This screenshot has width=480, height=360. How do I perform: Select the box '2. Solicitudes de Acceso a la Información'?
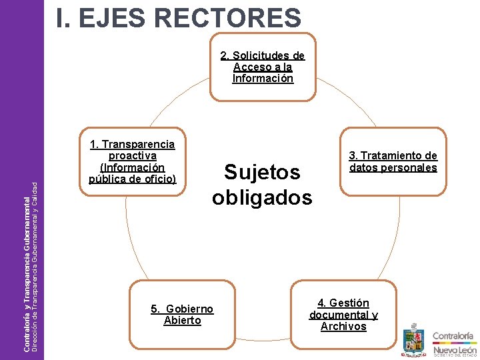(x=263, y=67)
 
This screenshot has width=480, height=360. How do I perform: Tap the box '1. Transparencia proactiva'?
(x=132, y=161)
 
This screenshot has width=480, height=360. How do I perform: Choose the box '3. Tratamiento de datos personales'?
(x=393, y=161)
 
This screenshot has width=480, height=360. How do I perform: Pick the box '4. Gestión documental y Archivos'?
(x=343, y=315)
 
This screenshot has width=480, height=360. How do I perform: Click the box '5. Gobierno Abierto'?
(x=182, y=315)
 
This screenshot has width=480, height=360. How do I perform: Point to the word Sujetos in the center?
(x=262, y=172)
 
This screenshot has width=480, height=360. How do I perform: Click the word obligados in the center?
(x=262, y=197)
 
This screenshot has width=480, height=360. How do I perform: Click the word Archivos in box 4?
(x=343, y=327)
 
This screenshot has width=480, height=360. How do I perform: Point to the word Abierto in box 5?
(x=182, y=321)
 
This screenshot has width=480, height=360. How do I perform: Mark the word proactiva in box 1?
(x=132, y=156)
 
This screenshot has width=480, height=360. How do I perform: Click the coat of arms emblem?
(x=413, y=339)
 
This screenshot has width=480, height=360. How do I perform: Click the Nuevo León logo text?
(x=455, y=349)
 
